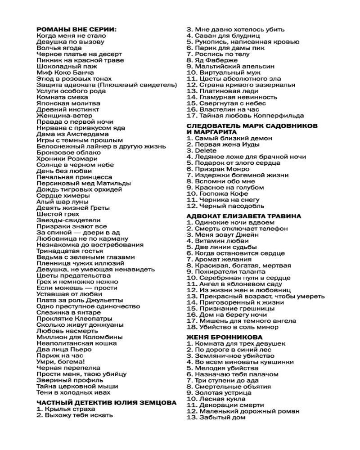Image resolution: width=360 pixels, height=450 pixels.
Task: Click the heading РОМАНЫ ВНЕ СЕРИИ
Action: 76,29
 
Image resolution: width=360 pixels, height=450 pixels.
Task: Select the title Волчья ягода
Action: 59,48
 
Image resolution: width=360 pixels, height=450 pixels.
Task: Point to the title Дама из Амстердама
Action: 72,134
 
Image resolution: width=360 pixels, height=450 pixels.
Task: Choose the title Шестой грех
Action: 58,214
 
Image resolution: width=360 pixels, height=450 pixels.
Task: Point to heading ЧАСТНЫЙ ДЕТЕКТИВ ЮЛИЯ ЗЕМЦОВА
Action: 106,403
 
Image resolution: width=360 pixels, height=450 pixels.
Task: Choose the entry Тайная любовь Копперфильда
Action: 245,116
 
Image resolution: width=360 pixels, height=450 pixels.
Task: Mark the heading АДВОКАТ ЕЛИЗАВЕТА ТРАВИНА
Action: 244,216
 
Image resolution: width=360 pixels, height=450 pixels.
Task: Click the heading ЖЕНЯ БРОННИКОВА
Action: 225,337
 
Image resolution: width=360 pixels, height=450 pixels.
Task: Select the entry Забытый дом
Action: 216,417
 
